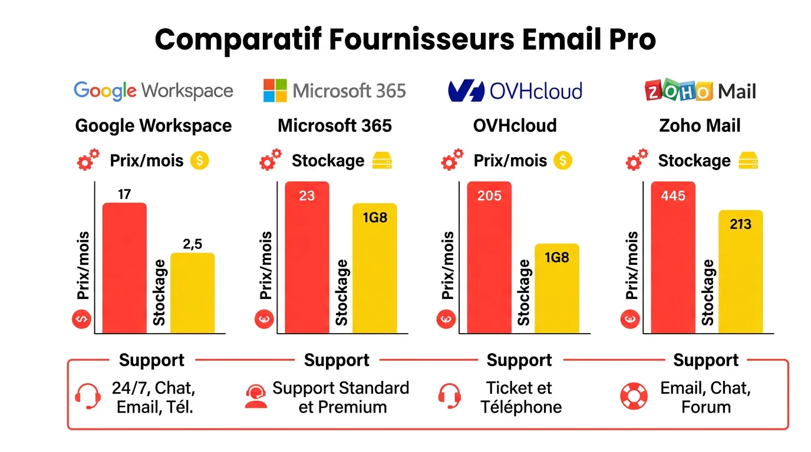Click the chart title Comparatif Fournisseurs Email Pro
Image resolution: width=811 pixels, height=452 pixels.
tap(405, 39)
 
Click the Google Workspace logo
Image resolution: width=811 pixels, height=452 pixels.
tap(153, 91)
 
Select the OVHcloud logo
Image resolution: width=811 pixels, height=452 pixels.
tap(515, 91)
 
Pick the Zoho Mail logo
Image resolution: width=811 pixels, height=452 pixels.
tap(700, 91)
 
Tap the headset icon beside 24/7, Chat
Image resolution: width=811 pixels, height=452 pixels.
tap(88, 397)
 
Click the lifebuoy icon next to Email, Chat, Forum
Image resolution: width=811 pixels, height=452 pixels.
tap(634, 397)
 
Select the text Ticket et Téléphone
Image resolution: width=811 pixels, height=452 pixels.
tap(520, 397)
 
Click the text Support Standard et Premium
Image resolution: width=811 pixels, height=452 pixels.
tap(341, 397)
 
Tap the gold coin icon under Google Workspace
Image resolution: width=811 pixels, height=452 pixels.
tap(200, 161)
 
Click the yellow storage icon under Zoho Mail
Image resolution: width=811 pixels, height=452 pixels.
tap(748, 161)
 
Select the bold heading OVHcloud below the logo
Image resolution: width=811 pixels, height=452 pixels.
tap(515, 125)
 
